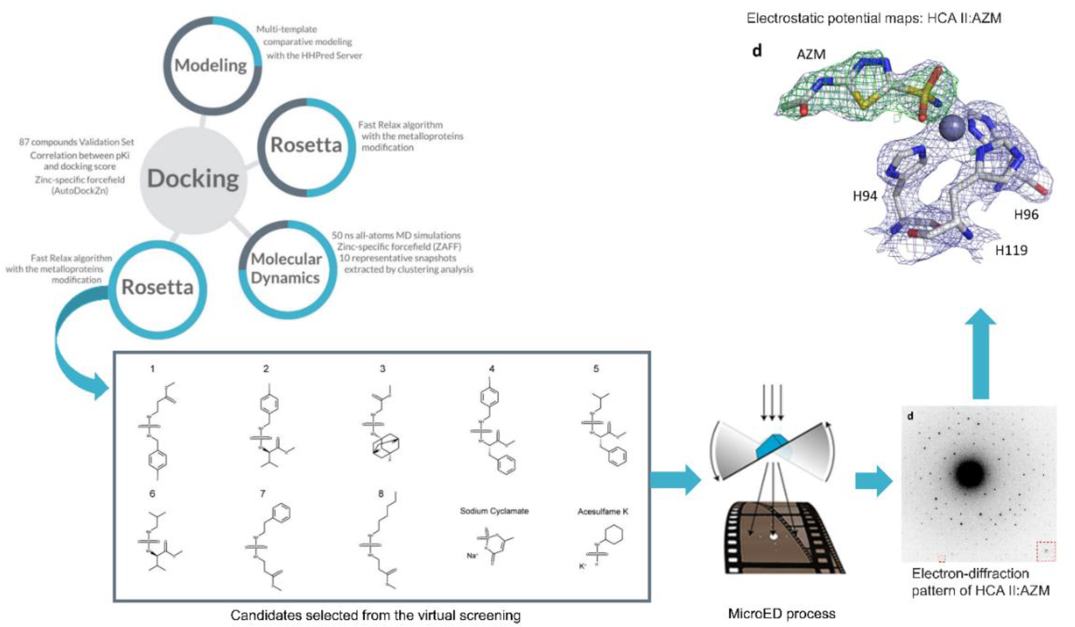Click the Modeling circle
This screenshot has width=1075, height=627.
click(212, 65)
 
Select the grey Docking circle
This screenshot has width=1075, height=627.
click(193, 179)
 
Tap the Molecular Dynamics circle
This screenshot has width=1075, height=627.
click(287, 269)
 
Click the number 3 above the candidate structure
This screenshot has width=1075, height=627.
click(383, 369)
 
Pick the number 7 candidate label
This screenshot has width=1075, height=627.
click(263, 494)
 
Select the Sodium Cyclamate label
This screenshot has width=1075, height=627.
click(494, 511)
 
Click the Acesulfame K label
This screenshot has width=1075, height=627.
click(603, 511)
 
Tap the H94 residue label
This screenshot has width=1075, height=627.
click(865, 196)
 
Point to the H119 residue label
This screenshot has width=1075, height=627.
click(1011, 251)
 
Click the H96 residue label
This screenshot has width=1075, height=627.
click(1026, 215)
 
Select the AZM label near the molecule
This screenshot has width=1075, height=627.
click(811, 55)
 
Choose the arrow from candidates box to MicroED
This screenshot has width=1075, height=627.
click(676, 480)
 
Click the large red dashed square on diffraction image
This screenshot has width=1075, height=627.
click(1046, 552)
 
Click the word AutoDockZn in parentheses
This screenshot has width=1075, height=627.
click(80, 191)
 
